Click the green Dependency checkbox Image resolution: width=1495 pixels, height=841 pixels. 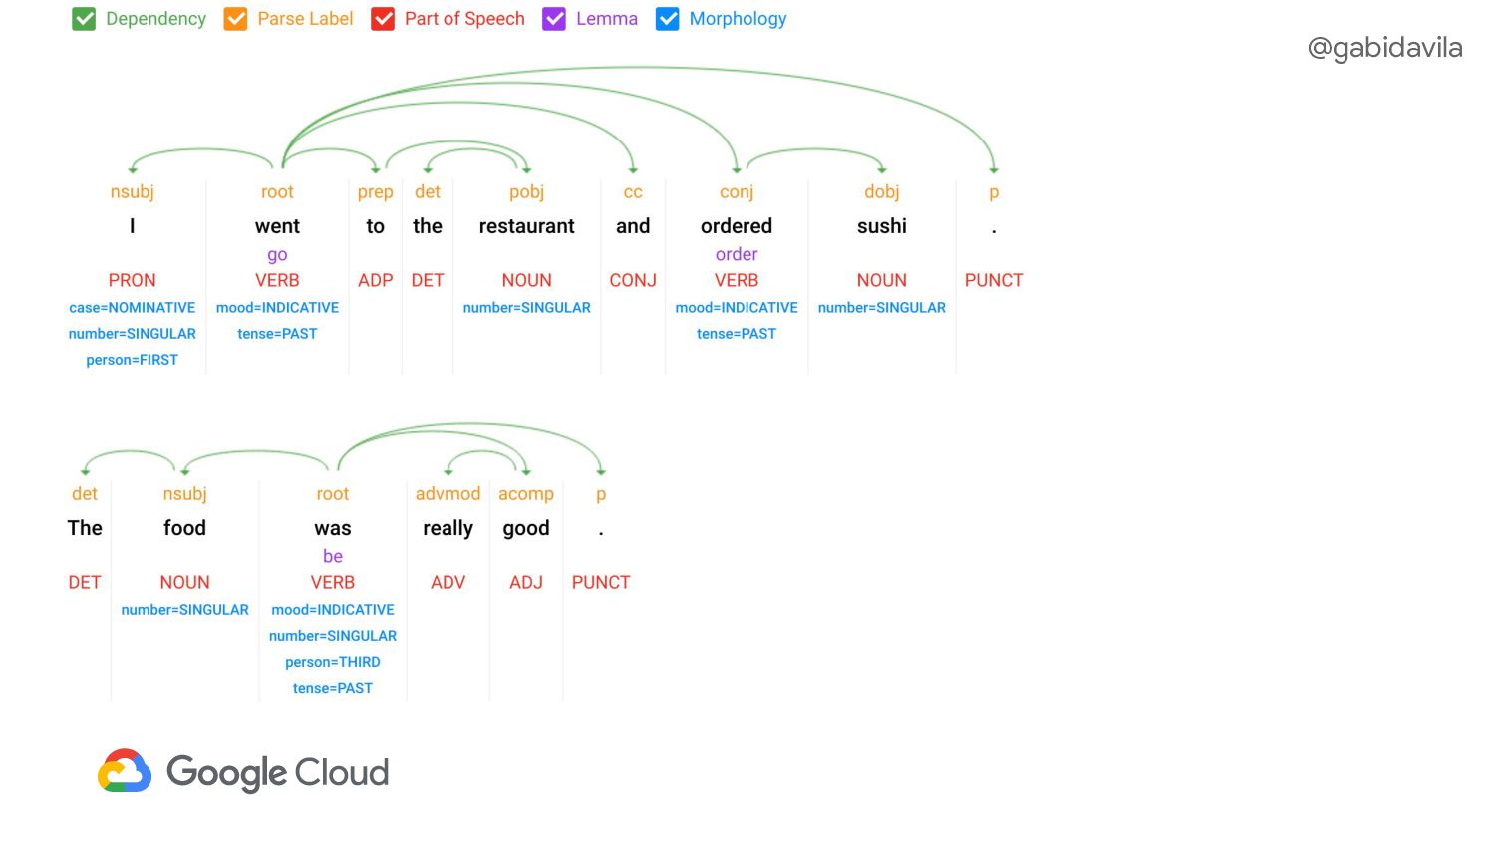tap(84, 19)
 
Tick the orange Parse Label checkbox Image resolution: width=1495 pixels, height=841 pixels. tap(235, 19)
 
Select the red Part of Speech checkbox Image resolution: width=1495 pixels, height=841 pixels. tap(383, 19)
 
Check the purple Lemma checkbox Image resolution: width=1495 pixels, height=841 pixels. tap(554, 19)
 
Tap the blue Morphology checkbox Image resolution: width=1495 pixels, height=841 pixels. tap(668, 19)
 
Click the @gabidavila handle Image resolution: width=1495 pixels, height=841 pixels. tap(1385, 48)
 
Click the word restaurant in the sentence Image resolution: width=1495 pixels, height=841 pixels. tap(526, 226)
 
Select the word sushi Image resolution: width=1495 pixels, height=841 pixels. tap(882, 226)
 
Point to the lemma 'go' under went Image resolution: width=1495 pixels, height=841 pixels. tap(277, 255)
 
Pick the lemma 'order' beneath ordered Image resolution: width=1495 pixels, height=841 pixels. tap(737, 254)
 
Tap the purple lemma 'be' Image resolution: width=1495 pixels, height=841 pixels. tap(332, 556)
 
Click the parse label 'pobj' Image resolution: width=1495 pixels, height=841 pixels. tap(526, 193)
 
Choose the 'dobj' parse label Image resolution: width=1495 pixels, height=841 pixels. tap(882, 193)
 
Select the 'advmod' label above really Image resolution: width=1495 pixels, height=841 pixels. tap(448, 494)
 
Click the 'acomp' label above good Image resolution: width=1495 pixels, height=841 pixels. tap(526, 494)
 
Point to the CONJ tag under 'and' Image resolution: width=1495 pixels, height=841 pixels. tap(633, 280)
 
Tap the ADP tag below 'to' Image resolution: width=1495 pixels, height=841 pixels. tap(375, 280)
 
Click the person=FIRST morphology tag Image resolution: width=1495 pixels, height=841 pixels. tap(133, 360)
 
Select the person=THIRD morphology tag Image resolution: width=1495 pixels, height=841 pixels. tap(332, 662)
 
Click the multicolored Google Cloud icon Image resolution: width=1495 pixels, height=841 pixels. tap(125, 770)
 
